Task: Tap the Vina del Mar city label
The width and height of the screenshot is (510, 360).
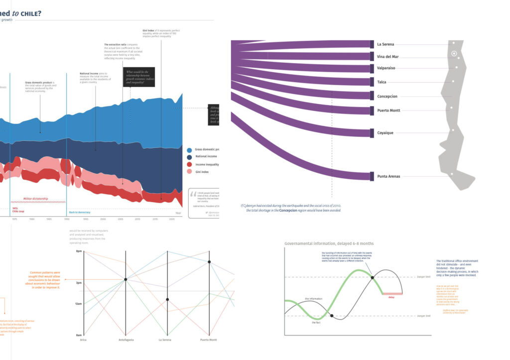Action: pos(388,57)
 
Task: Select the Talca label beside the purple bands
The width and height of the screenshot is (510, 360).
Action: pos(382,82)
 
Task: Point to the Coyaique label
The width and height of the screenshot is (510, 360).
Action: pos(385,133)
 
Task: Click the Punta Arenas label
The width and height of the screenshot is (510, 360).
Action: pos(388,176)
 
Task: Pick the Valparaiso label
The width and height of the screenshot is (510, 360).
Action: pos(386,68)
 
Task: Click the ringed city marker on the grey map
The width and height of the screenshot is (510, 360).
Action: pos(454,53)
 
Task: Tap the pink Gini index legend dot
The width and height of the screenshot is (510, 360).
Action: pos(189,172)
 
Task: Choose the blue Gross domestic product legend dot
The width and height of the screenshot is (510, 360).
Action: pos(189,150)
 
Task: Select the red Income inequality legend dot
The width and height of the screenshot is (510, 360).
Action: pos(189,164)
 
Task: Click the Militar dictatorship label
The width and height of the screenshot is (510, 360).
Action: pos(36,199)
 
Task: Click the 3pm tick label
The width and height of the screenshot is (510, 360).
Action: pos(79,282)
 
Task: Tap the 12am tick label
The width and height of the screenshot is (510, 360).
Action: pos(78,304)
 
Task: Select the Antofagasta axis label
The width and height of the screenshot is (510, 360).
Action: pos(126,340)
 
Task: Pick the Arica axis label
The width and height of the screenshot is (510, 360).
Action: pos(84,340)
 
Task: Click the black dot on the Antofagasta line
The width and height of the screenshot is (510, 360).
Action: pos(126,280)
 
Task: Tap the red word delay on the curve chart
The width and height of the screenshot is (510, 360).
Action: pos(391,297)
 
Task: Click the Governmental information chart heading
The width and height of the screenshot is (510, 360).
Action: pos(329,243)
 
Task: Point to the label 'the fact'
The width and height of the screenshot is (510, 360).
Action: pos(316,323)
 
